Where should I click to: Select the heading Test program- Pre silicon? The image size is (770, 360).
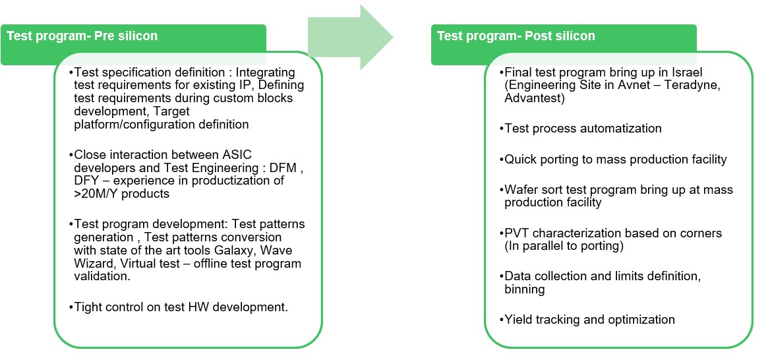(x=82, y=36)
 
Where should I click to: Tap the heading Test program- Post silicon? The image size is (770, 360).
(x=516, y=36)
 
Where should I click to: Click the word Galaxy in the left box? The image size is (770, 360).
(x=247, y=251)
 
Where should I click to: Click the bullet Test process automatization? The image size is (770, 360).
(x=583, y=129)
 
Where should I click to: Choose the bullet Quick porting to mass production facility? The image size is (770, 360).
(x=616, y=159)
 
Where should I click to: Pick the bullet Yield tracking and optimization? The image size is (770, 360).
(x=589, y=320)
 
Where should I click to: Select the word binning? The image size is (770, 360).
(x=526, y=289)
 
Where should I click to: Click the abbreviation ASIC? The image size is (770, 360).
(x=210, y=155)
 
